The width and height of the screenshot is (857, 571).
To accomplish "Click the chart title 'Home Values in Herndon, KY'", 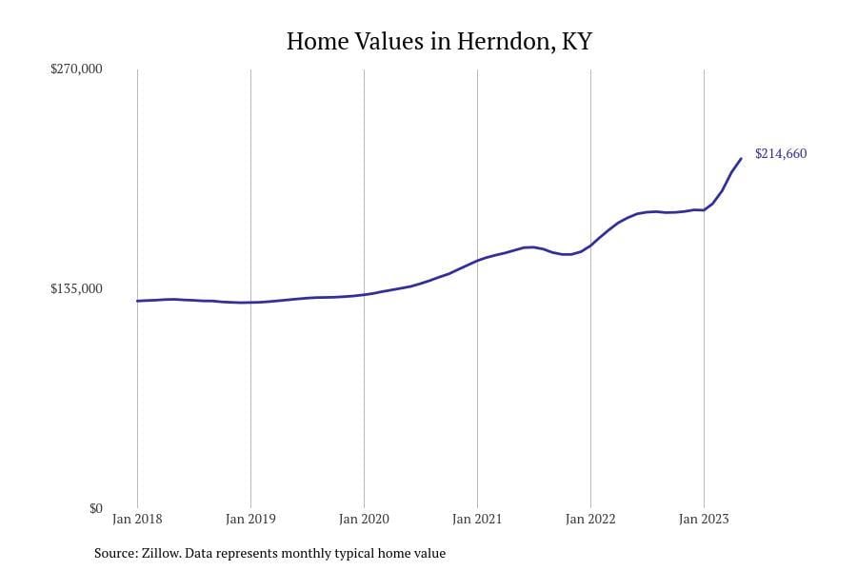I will [x=439, y=42].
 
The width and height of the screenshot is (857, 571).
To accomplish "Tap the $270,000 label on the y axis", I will [x=76, y=69].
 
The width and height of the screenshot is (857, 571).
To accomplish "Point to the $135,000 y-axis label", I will [x=76, y=288].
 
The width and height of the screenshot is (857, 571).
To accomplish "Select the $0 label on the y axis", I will [x=95, y=508].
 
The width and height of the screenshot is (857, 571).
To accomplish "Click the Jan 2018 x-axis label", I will [x=137, y=519].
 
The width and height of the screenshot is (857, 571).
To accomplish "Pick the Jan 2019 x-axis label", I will [x=250, y=519].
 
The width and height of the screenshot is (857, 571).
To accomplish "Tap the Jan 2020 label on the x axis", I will [x=364, y=519].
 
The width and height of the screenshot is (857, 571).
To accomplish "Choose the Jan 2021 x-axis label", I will [x=477, y=519].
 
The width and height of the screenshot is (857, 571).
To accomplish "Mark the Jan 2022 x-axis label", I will [x=590, y=519].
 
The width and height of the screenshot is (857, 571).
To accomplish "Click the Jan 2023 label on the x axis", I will [x=704, y=519].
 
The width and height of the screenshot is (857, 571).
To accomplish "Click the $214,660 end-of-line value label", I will [x=781, y=153].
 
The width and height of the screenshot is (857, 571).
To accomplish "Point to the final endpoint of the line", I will [x=742, y=158].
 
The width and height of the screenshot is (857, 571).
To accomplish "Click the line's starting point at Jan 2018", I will [x=137, y=301].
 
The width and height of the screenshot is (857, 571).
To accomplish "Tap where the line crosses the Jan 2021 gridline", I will [x=477, y=259].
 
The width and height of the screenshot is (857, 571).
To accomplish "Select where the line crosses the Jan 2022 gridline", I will [x=590, y=246].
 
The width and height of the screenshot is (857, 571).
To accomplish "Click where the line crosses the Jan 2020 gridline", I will [x=364, y=295].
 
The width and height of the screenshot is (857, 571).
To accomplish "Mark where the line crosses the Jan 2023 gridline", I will [x=704, y=209].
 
